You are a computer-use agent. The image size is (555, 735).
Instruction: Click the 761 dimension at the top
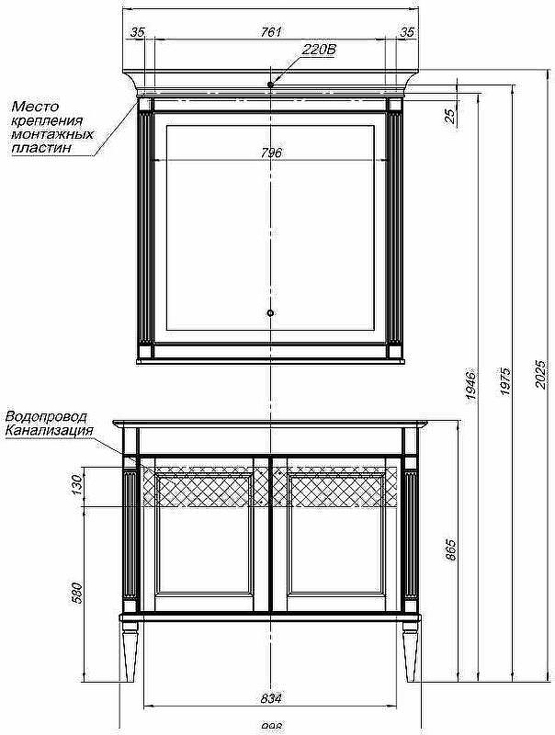[270, 32]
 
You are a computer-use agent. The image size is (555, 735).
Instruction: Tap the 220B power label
[319, 51]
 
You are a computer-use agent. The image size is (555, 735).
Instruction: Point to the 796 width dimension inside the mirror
[270, 153]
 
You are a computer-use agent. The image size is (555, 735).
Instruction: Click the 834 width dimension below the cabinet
[270, 697]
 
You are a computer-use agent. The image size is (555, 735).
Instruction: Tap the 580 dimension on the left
[78, 593]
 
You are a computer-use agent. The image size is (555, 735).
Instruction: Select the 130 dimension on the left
[78, 487]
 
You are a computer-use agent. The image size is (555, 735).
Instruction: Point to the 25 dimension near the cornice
[449, 115]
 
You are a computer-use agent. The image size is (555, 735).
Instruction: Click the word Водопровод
[46, 417]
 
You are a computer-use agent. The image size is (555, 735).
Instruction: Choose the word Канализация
[49, 429]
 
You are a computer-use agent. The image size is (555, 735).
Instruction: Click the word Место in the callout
[35, 107]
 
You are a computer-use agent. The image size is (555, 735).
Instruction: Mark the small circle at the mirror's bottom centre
[270, 314]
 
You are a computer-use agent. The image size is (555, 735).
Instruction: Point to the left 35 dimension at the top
[138, 32]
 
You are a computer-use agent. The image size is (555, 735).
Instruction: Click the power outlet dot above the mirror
[270, 85]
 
